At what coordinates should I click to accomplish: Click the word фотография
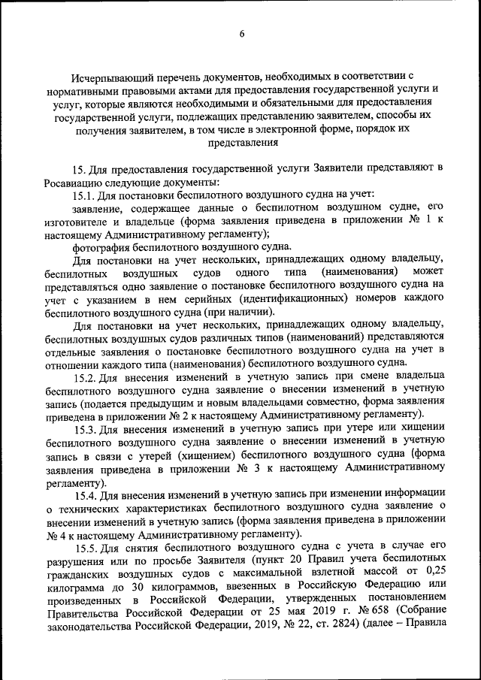coord(103,246)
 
